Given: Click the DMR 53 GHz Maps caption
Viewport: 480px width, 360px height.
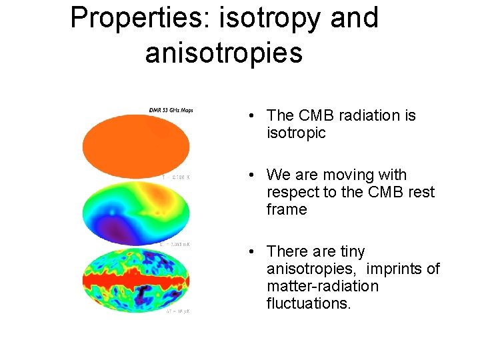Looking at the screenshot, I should click(171, 110).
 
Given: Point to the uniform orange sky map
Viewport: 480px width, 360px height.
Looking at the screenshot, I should click(135, 143).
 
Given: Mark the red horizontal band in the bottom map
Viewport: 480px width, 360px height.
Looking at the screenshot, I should click(135, 280).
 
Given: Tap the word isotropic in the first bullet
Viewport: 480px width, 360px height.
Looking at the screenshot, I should click(296, 133).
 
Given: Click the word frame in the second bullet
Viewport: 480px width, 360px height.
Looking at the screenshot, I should click(287, 209).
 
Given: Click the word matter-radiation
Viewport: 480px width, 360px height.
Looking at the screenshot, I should click(322, 286).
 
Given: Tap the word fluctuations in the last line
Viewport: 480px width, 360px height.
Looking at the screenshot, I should click(309, 303).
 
